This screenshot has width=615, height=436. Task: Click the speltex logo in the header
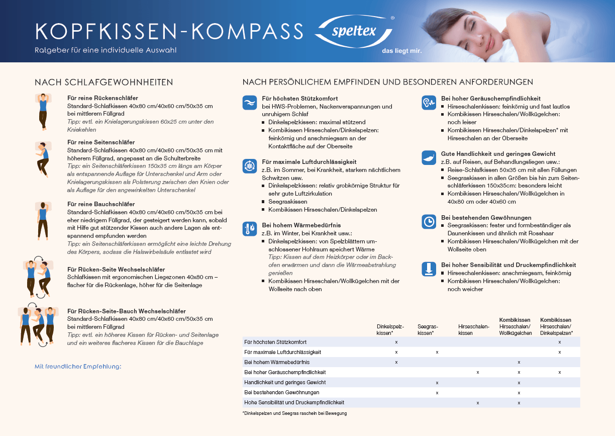point(354,31)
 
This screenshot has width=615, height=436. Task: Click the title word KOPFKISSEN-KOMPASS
point(169,31)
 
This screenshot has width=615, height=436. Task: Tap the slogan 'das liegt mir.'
point(401,51)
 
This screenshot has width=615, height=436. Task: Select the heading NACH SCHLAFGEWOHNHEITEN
point(104,82)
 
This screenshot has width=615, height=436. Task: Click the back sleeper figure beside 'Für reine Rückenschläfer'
point(43,112)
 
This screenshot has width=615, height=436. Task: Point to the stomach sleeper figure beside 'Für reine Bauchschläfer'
point(43,221)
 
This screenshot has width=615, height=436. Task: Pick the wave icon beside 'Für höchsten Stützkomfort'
point(249,102)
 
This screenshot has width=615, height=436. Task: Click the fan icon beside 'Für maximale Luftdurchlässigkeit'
point(249,166)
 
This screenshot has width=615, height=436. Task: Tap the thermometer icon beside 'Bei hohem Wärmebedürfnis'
point(249,229)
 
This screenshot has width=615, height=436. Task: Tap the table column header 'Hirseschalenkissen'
point(474,330)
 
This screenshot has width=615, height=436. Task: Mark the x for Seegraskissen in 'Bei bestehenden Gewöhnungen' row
point(437,392)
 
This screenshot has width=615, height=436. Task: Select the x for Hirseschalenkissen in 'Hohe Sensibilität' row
point(478,403)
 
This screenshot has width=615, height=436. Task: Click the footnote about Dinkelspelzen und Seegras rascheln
point(294,413)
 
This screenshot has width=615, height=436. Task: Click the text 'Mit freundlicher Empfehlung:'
point(78,367)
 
